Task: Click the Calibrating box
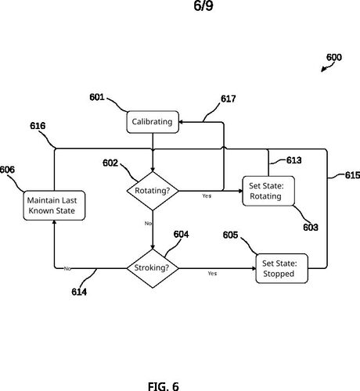point(153,122)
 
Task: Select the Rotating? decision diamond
point(153,191)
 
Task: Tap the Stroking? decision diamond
point(153,268)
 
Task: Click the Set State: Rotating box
point(268,191)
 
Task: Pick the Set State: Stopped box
point(282,268)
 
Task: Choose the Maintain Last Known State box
point(54,206)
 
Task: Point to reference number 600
point(334,57)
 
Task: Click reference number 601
point(97,97)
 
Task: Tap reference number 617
point(229,99)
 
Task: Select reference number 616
point(38,126)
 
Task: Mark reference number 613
point(294,160)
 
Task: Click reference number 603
point(311,228)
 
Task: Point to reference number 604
point(181,235)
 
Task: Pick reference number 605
point(230,235)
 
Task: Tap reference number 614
point(79,292)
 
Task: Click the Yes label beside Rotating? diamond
point(207,195)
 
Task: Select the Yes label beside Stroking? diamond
point(212,273)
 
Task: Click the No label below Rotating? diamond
point(148,224)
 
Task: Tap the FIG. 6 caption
point(164,386)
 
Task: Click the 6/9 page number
point(203,5)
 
